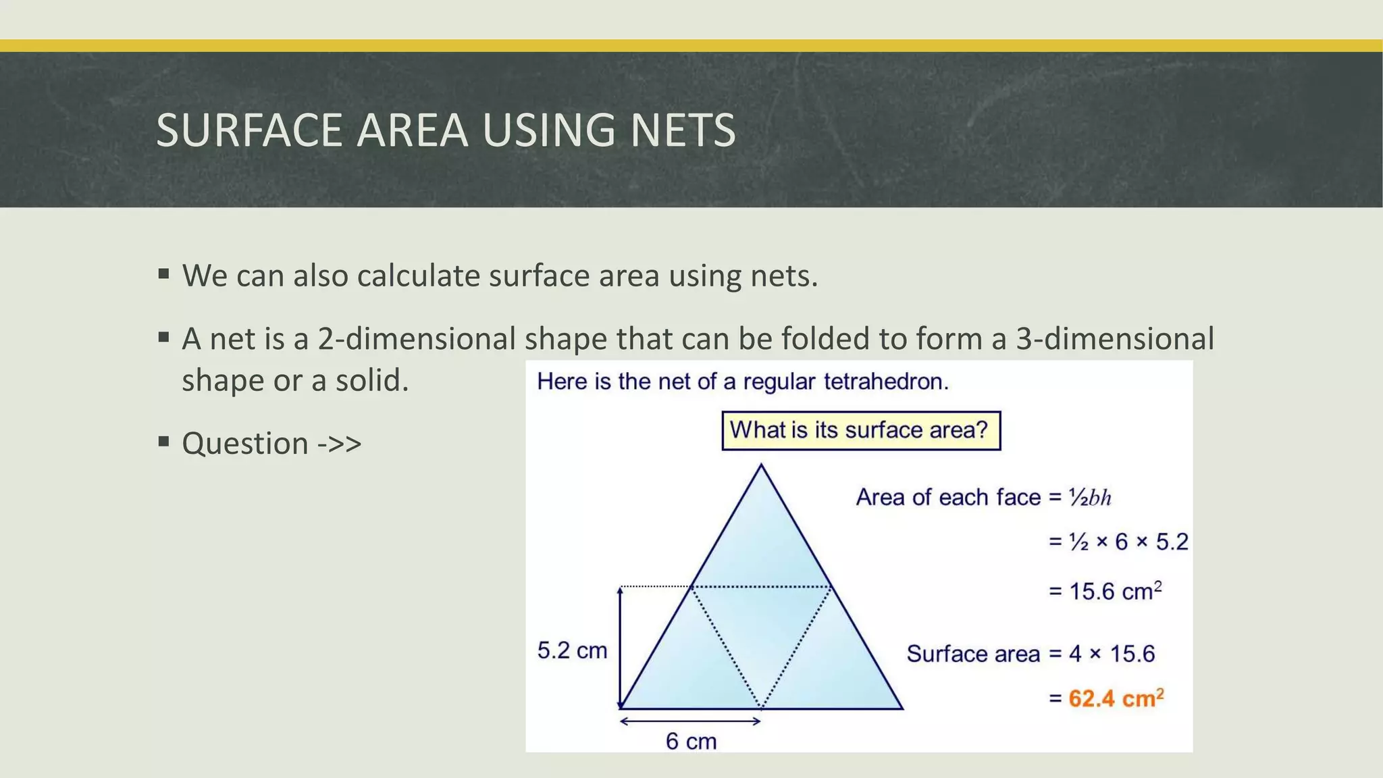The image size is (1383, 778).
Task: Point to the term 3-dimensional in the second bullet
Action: [x=1115, y=338]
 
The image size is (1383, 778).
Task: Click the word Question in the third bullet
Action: [x=245, y=444]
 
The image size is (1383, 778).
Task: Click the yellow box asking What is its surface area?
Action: [x=861, y=430]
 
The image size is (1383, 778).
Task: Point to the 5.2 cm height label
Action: [x=572, y=650]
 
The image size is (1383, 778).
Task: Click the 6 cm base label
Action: [x=691, y=741]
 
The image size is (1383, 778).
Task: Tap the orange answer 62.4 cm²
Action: [x=1116, y=698]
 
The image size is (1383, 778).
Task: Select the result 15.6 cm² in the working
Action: [x=1114, y=591]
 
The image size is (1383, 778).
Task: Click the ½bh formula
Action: [x=1090, y=498]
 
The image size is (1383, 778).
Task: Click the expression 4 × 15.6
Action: [x=1112, y=653]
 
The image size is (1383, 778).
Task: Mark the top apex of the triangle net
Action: [x=761, y=465]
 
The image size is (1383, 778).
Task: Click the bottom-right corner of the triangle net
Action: [x=902, y=708]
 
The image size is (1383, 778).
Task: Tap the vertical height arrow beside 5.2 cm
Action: [x=621, y=648]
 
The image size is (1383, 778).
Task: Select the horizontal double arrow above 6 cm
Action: [x=691, y=721]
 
